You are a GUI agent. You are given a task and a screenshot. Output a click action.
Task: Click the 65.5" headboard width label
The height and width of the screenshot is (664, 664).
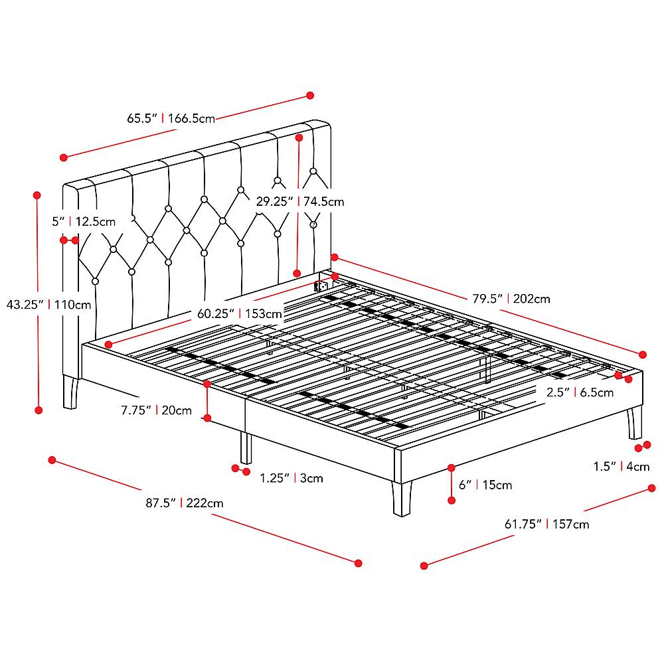pyautogui.click(x=171, y=118)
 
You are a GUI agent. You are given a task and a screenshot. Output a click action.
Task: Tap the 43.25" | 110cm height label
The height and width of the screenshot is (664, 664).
pyautogui.click(x=48, y=305)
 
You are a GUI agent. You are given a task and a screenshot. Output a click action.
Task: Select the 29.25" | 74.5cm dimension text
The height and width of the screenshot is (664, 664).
pyautogui.click(x=300, y=201)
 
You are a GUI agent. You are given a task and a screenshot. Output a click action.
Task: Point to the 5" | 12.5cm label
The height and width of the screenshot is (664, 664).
pyautogui.click(x=84, y=221)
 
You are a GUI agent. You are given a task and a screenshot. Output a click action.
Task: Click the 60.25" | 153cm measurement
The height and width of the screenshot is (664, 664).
pyautogui.click(x=240, y=314)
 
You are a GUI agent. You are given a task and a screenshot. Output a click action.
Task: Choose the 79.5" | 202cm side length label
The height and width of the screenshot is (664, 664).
pyautogui.click(x=511, y=299)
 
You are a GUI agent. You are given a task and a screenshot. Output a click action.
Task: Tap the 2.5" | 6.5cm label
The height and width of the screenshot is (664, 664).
pyautogui.click(x=580, y=392)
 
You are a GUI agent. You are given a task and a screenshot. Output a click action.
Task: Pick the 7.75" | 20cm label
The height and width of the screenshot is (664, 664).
pyautogui.click(x=156, y=410)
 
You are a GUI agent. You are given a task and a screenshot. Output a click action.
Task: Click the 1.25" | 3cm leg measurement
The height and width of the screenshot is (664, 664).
pyautogui.click(x=291, y=478)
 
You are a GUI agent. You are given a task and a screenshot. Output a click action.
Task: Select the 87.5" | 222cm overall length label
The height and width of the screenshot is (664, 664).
pyautogui.click(x=184, y=503)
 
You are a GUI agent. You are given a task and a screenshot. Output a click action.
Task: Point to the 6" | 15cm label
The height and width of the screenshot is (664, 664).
pyautogui.click(x=485, y=485)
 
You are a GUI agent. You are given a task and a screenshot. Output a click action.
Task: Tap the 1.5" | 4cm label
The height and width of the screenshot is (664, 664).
pyautogui.click(x=622, y=466)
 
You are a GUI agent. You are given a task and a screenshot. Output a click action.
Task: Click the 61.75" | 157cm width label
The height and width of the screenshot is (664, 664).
pyautogui.click(x=546, y=525)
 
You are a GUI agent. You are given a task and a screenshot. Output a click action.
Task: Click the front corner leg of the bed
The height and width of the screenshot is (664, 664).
pyautogui.click(x=402, y=499)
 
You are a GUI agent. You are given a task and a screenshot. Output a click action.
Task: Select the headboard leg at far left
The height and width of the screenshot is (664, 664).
pyautogui.click(x=70, y=392)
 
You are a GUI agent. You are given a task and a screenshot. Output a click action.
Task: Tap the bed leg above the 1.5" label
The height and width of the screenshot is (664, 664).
pyautogui.click(x=634, y=422)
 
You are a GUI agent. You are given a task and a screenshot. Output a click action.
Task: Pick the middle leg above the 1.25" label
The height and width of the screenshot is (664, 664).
pyautogui.click(x=246, y=448)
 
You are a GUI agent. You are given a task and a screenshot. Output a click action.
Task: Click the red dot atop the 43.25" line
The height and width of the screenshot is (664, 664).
pyautogui.click(x=37, y=195)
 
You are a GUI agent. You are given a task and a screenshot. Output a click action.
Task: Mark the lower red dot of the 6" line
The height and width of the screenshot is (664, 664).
pyautogui.click(x=452, y=501)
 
